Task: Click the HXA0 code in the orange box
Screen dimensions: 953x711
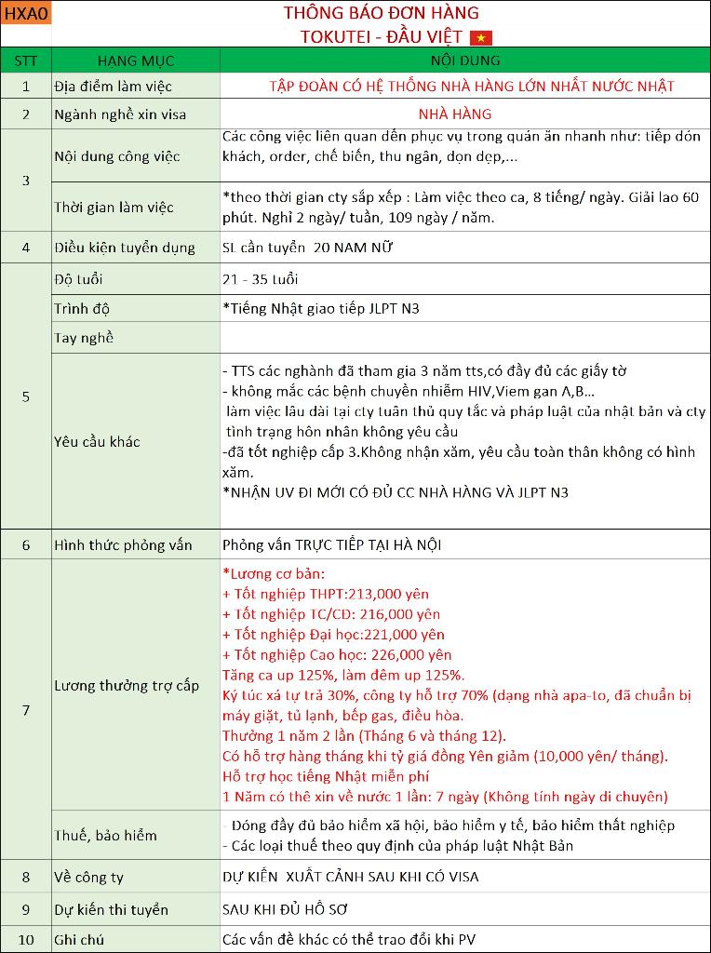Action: click(x=25, y=13)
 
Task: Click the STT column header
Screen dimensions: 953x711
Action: click(x=26, y=60)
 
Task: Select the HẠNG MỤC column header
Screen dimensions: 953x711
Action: click(x=135, y=60)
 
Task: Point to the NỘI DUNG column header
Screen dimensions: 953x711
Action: click(x=465, y=60)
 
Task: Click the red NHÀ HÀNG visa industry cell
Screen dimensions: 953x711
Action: click(x=464, y=114)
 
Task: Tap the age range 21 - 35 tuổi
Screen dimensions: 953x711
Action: click(x=260, y=279)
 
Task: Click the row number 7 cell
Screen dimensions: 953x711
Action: click(x=26, y=710)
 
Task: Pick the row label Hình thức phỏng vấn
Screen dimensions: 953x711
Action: click(x=124, y=544)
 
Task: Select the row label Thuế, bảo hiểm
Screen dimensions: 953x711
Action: click(x=106, y=835)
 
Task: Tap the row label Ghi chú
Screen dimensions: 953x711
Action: click(x=80, y=940)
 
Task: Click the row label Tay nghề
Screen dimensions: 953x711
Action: click(x=85, y=338)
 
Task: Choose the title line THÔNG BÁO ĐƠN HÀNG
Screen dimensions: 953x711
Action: click(x=381, y=13)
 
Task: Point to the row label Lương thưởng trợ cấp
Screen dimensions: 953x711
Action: click(x=127, y=686)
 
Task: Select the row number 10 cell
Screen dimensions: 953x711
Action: click(x=26, y=940)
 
